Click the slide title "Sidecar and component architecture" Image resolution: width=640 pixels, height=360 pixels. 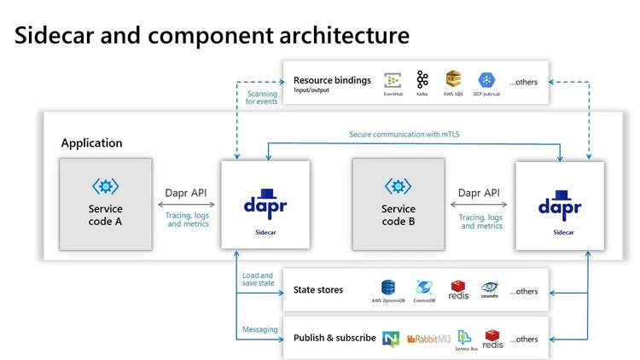tap(212, 35)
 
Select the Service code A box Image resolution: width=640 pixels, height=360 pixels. tap(106, 204)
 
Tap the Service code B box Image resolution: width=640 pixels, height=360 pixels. tap(399, 204)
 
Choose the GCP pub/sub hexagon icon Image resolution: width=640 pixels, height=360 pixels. tap(487, 79)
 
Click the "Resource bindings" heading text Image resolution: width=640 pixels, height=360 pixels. tap(332, 80)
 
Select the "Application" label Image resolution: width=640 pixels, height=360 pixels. tap(91, 143)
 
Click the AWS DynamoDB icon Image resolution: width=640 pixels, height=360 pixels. tap(388, 287)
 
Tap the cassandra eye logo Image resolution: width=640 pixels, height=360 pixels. tap(489, 287)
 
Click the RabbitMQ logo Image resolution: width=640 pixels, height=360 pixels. tap(429, 339)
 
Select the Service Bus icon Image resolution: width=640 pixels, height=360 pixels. tap(465, 336)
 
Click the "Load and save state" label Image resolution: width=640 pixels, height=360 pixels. tap(257, 280)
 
